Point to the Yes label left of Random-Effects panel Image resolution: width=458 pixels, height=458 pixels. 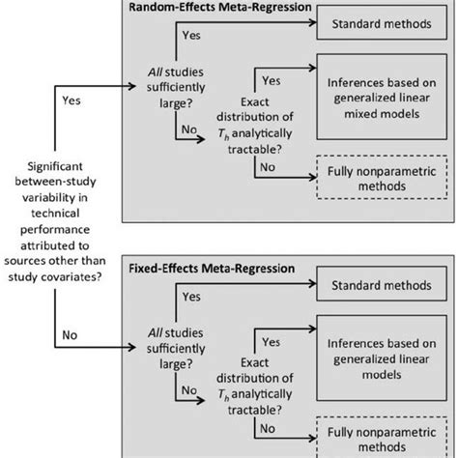tap(71, 99)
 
